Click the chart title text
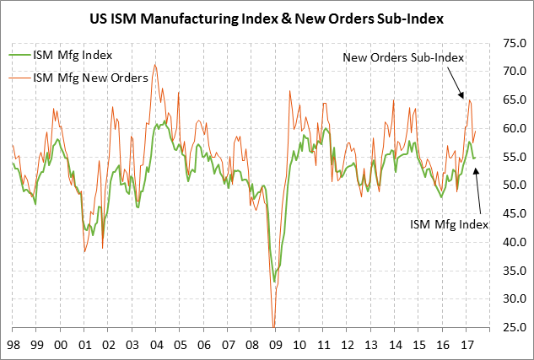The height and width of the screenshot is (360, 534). (267, 16)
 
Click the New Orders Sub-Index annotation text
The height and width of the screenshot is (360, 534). (404, 57)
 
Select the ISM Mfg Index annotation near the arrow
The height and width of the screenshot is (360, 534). (449, 224)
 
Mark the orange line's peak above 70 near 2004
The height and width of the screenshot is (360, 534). (154, 64)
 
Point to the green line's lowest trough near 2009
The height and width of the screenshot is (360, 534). (275, 282)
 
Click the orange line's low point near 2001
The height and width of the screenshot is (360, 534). (85, 251)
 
